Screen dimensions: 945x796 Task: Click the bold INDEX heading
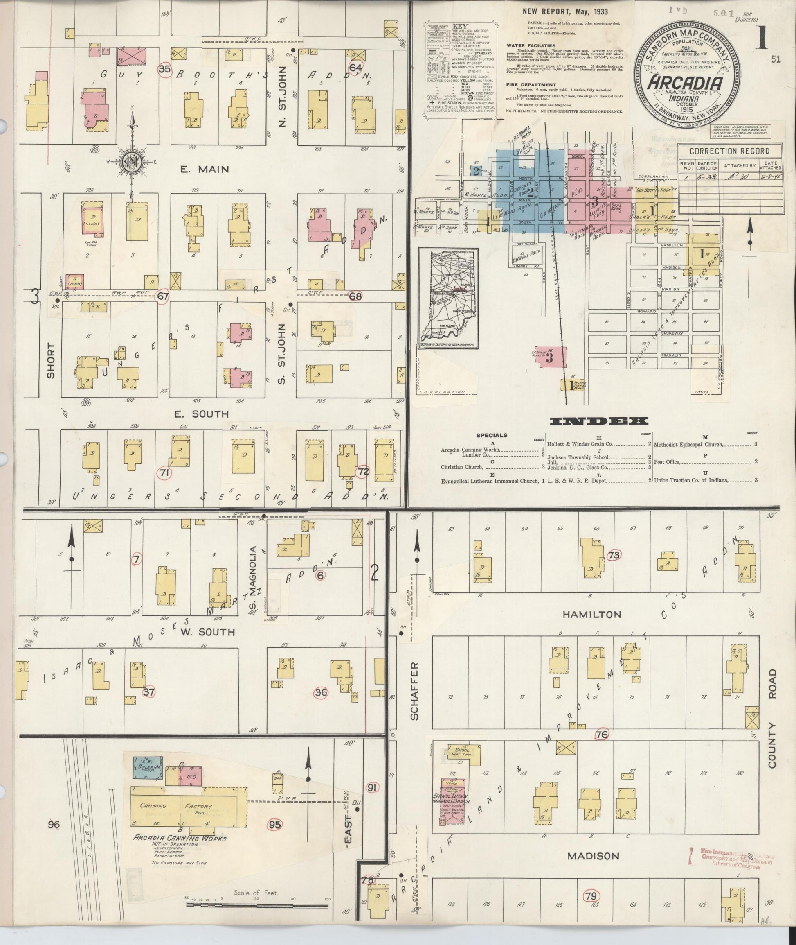pos(599,421)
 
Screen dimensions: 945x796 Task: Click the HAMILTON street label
pos(586,614)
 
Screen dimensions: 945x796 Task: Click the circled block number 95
pos(275,824)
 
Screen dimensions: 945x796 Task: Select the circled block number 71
pos(165,472)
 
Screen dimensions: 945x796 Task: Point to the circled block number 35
pos(165,69)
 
